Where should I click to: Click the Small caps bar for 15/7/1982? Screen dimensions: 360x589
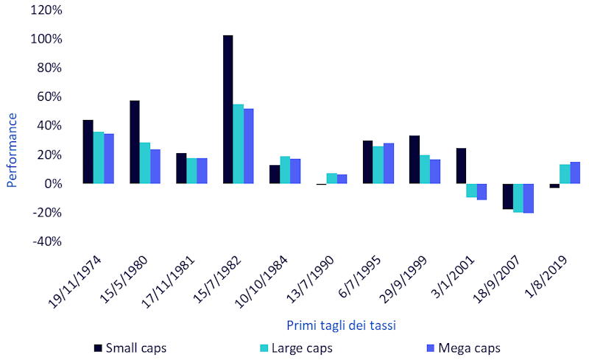228,109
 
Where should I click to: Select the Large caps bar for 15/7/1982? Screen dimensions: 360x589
238,144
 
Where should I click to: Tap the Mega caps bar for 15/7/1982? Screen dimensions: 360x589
248,146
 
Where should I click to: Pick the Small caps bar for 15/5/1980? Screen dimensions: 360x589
135,141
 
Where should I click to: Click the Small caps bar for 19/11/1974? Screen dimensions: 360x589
88,151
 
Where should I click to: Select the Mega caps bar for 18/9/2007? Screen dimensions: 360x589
528,198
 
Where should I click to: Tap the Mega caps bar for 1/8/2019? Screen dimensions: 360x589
575,172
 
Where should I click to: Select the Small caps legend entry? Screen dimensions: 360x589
133,347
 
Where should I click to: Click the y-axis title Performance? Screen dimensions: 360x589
12,139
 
